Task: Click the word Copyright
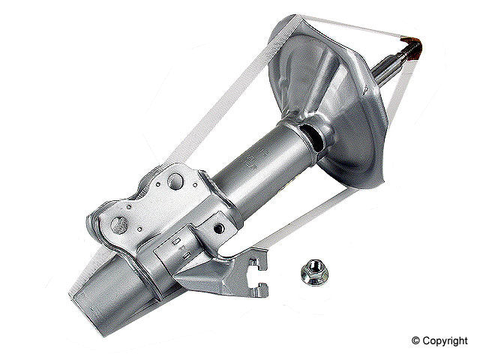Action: pyautogui.click(x=447, y=341)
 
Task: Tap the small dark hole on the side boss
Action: pyautogui.click(x=219, y=226)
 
